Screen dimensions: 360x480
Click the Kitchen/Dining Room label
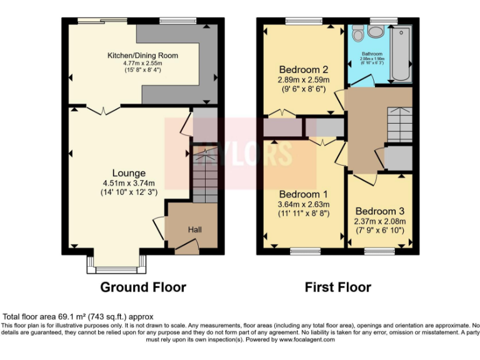(142, 56)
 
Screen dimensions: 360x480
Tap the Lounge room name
(129, 173)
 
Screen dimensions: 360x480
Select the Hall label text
(195, 230)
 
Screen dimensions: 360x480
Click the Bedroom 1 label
(304, 194)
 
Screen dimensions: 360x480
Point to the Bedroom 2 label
(304, 69)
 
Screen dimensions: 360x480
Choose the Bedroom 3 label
(379, 211)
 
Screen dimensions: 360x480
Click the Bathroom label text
(371, 54)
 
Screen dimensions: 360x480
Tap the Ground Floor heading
(143, 287)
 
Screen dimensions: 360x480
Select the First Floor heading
(337, 287)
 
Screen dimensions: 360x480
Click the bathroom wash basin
(376, 32)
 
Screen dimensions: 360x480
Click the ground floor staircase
(204, 175)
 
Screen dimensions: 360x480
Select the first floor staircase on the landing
(399, 125)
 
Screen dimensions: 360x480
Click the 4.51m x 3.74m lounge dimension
(129, 183)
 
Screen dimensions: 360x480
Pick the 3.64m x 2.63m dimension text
(304, 204)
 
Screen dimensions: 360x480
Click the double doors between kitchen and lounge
(102, 111)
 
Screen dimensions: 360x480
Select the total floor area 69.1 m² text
(78, 317)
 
